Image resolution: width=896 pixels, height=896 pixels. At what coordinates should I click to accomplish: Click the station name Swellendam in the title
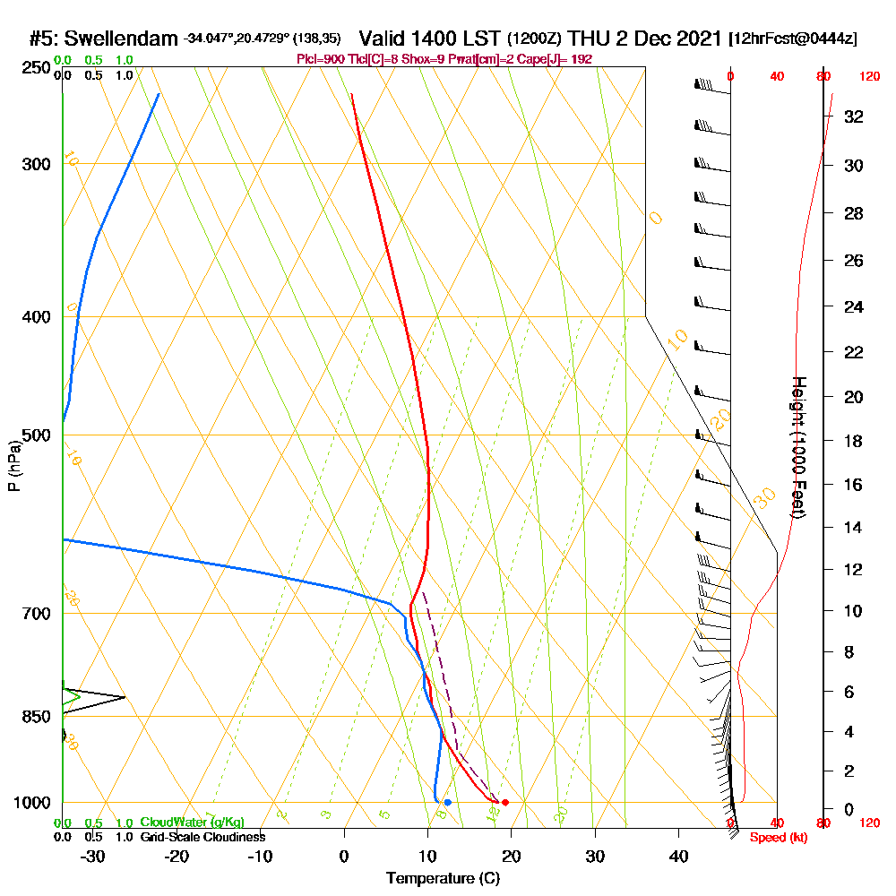120,39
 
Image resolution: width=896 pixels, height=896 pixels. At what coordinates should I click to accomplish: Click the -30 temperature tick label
92,856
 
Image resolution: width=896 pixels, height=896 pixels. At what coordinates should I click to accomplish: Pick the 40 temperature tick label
678,856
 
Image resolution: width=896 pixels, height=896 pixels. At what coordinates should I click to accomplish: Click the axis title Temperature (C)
443,878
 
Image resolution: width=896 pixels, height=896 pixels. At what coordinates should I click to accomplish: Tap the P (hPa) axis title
13,465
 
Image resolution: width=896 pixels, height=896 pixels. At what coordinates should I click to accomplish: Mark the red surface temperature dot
505,802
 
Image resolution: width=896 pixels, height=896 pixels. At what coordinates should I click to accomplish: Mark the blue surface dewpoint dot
447,802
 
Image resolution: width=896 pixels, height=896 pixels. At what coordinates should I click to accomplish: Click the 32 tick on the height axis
854,116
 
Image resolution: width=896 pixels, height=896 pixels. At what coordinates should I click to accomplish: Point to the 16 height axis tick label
854,485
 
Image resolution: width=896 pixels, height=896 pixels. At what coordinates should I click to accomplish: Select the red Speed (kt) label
779,838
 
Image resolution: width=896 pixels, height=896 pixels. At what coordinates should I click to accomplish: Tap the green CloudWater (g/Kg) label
192,823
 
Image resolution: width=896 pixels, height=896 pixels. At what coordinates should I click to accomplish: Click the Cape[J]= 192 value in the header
563,58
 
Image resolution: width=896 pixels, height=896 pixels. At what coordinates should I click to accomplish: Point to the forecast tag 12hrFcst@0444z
794,39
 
